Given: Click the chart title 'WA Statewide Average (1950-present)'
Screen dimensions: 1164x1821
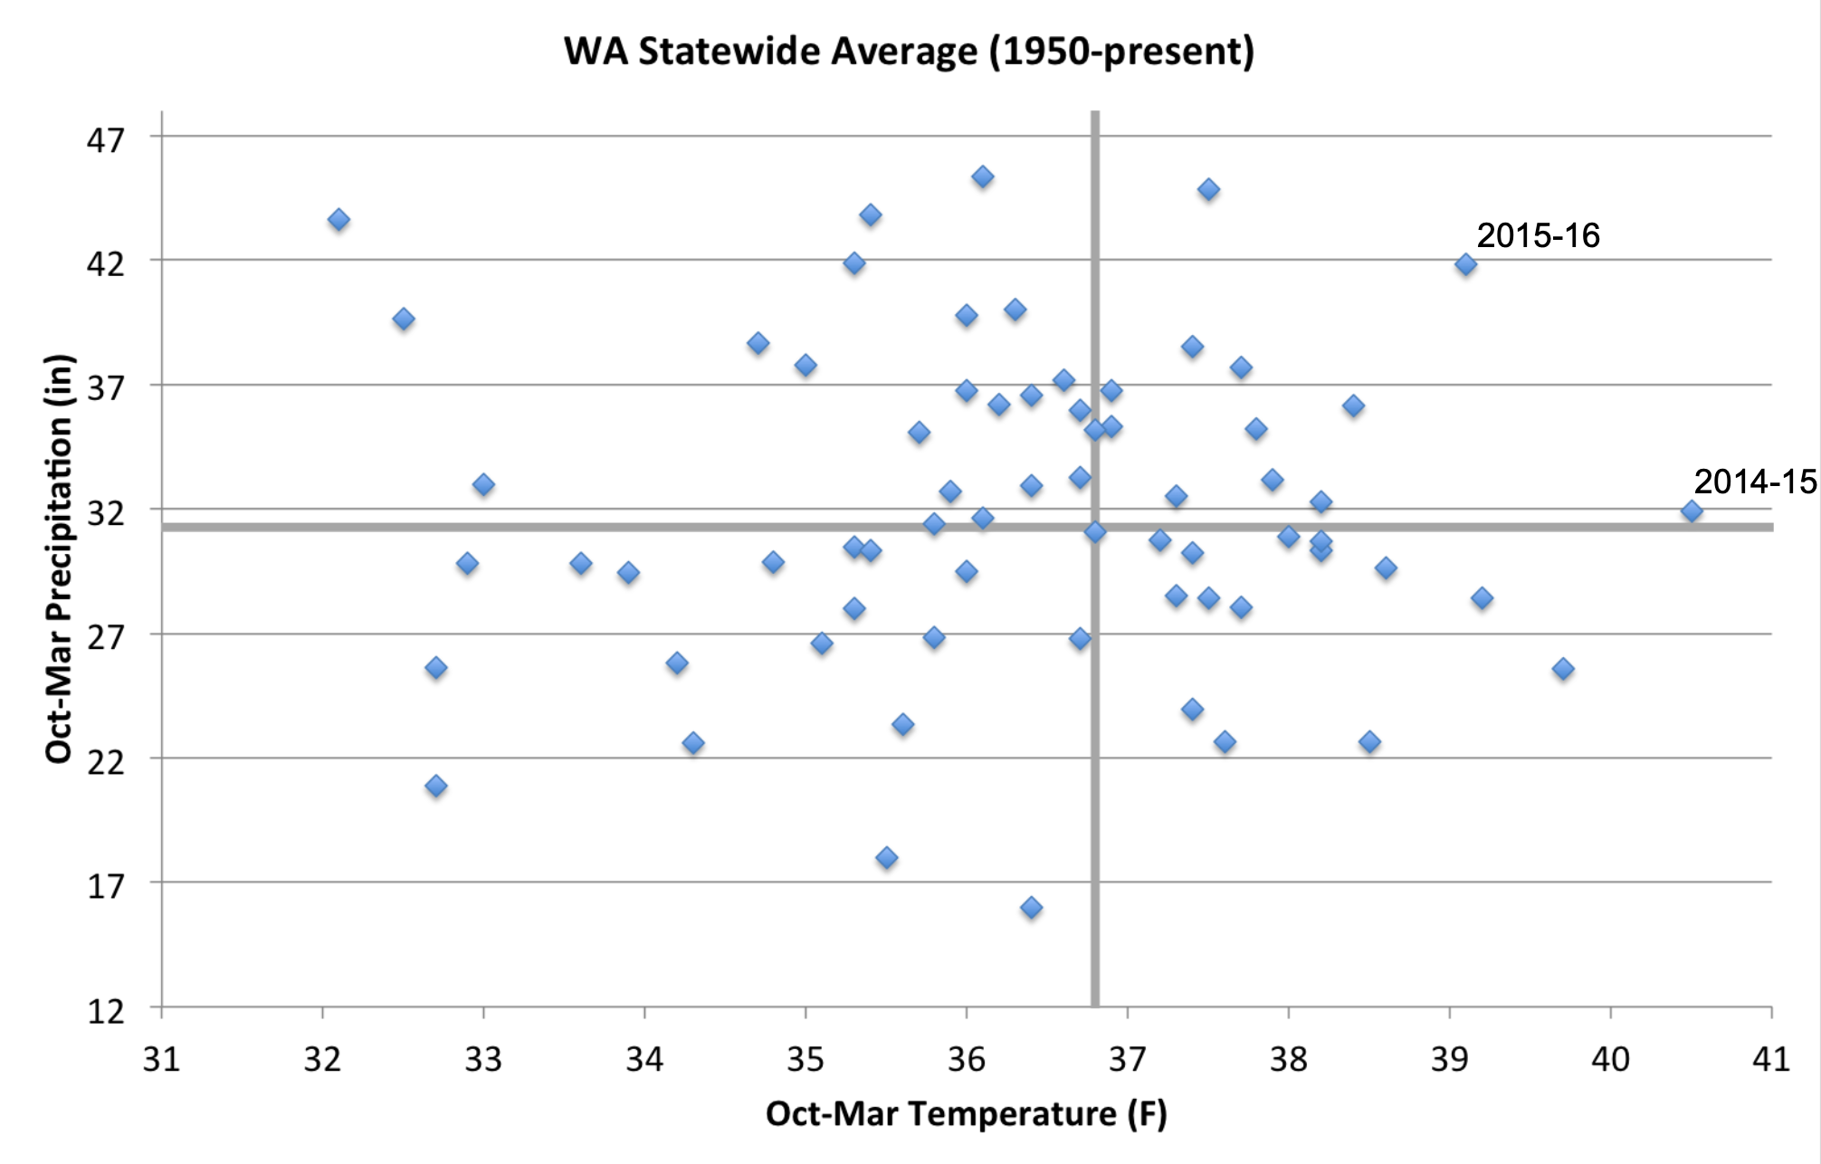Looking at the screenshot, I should point(909,52).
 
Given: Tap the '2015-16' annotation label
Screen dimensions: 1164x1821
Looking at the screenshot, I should point(1538,236).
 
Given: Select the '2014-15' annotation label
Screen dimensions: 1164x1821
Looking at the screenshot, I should point(1754,482).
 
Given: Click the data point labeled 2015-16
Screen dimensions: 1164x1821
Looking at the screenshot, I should point(1465,264).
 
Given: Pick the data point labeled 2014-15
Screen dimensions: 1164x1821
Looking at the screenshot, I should point(1691,511).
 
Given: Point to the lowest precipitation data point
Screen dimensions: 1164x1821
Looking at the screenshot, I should point(1031,908).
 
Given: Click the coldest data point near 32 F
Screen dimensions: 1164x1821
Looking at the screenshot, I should point(338,220).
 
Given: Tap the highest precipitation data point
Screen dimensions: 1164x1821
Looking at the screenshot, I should point(983,177).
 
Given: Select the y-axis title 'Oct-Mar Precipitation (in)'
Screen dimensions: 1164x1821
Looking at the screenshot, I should point(59,558).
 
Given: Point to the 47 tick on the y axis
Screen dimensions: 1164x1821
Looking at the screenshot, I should point(107,139).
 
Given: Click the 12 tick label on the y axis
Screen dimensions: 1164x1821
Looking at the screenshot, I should point(107,1010).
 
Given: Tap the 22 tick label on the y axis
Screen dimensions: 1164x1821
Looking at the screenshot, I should point(107,761).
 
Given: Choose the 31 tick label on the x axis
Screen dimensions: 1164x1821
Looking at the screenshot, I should point(162,1059).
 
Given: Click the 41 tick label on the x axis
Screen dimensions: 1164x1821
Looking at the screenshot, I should point(1771,1059).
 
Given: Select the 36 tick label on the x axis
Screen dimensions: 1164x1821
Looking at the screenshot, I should point(967,1059).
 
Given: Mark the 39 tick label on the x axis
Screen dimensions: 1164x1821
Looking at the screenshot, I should point(1450,1059).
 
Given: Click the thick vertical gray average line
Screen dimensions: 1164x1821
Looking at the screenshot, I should point(1095,769).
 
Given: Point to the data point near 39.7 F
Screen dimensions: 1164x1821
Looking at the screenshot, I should point(1562,669).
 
